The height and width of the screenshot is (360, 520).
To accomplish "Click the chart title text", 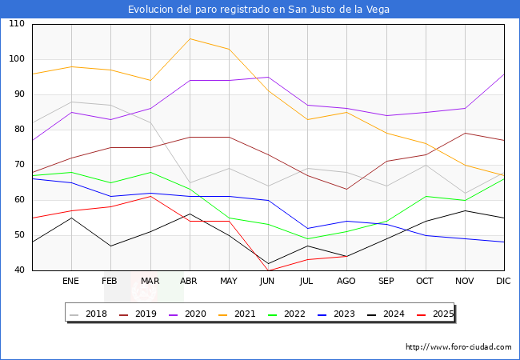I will tap(260, 10).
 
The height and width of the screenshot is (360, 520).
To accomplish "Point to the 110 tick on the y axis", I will tap(17, 24).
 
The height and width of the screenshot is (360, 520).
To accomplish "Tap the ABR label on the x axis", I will tap(190, 282).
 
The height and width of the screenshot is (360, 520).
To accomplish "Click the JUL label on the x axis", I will tap(307, 282).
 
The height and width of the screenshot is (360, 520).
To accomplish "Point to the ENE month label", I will tap(71, 282).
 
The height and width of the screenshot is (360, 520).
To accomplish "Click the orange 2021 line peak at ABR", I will tap(190, 38).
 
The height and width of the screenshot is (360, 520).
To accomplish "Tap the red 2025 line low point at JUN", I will tap(268, 270).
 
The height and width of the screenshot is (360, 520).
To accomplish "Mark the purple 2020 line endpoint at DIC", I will tap(504, 74).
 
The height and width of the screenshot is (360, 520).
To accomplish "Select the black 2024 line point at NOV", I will tap(465, 210).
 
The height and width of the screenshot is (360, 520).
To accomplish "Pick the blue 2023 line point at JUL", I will tap(307, 228).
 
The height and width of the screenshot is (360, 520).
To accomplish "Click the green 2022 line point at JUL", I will tap(307, 238).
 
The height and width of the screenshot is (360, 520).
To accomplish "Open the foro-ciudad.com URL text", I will tap(458, 347).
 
